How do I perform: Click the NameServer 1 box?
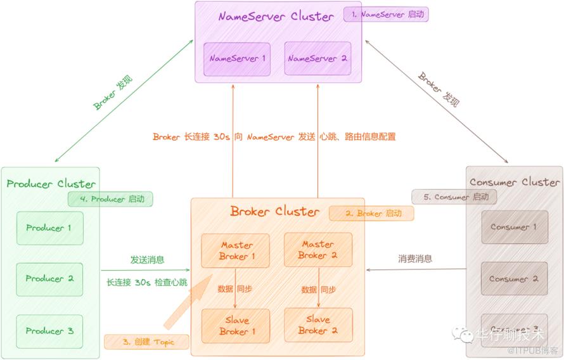point(237,59)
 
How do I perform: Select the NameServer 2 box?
point(317,59)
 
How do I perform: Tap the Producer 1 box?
point(49,228)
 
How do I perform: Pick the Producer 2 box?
point(49,279)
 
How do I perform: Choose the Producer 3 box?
point(49,331)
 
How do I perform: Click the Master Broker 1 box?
point(236,250)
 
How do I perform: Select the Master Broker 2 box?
point(318,250)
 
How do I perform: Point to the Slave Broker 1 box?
point(236,326)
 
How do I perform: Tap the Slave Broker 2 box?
point(318,325)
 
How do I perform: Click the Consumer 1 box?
point(514,227)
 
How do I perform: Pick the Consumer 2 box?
point(514,279)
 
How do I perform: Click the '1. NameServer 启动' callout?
point(387,15)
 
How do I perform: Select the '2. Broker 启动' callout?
point(371,214)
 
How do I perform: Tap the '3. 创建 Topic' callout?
point(147,342)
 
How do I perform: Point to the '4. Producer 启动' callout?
point(110,199)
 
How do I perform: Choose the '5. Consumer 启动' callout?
point(454,197)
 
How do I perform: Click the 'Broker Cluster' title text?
point(274,211)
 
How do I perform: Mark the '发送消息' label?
point(148,259)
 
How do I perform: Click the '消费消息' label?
point(415,259)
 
